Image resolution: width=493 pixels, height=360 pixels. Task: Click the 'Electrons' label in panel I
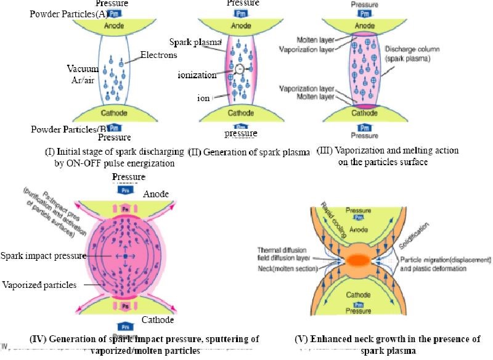click(158, 55)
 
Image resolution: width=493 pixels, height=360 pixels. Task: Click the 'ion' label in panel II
click(203, 98)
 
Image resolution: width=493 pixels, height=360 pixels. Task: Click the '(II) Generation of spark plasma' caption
click(249, 153)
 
